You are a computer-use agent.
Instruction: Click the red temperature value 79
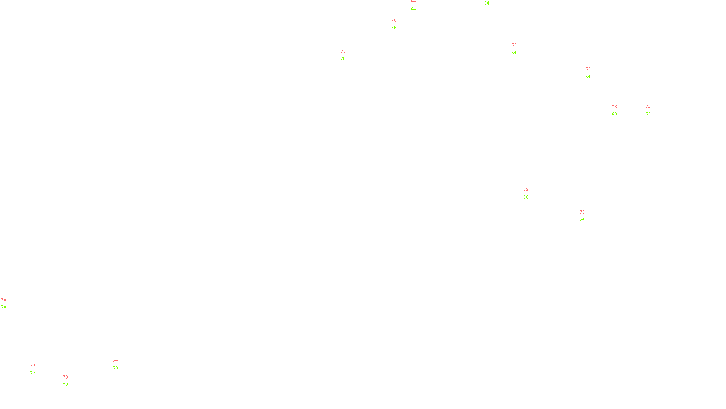click(x=525, y=190)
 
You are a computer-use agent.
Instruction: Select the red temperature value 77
click(x=582, y=212)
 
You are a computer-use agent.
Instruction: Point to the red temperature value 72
click(x=648, y=106)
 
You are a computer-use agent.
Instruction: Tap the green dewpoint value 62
click(x=648, y=114)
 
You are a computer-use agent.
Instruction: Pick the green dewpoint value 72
click(x=33, y=373)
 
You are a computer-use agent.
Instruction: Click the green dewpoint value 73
click(x=65, y=384)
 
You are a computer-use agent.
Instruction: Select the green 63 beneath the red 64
click(x=115, y=368)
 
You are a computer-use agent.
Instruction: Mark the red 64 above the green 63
click(x=115, y=360)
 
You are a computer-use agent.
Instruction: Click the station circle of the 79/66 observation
click(x=530, y=194)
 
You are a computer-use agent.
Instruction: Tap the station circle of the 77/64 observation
click(x=586, y=216)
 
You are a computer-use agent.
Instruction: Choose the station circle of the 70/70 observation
click(x=8, y=304)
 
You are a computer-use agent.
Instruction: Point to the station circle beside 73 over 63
click(x=618, y=110)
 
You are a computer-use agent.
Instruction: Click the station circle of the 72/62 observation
click(x=652, y=110)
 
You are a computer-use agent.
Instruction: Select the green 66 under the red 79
click(x=525, y=197)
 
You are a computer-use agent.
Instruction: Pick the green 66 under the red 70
click(x=394, y=28)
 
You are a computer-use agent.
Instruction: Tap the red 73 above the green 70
click(x=343, y=51)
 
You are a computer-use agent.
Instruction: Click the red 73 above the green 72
click(x=33, y=365)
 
